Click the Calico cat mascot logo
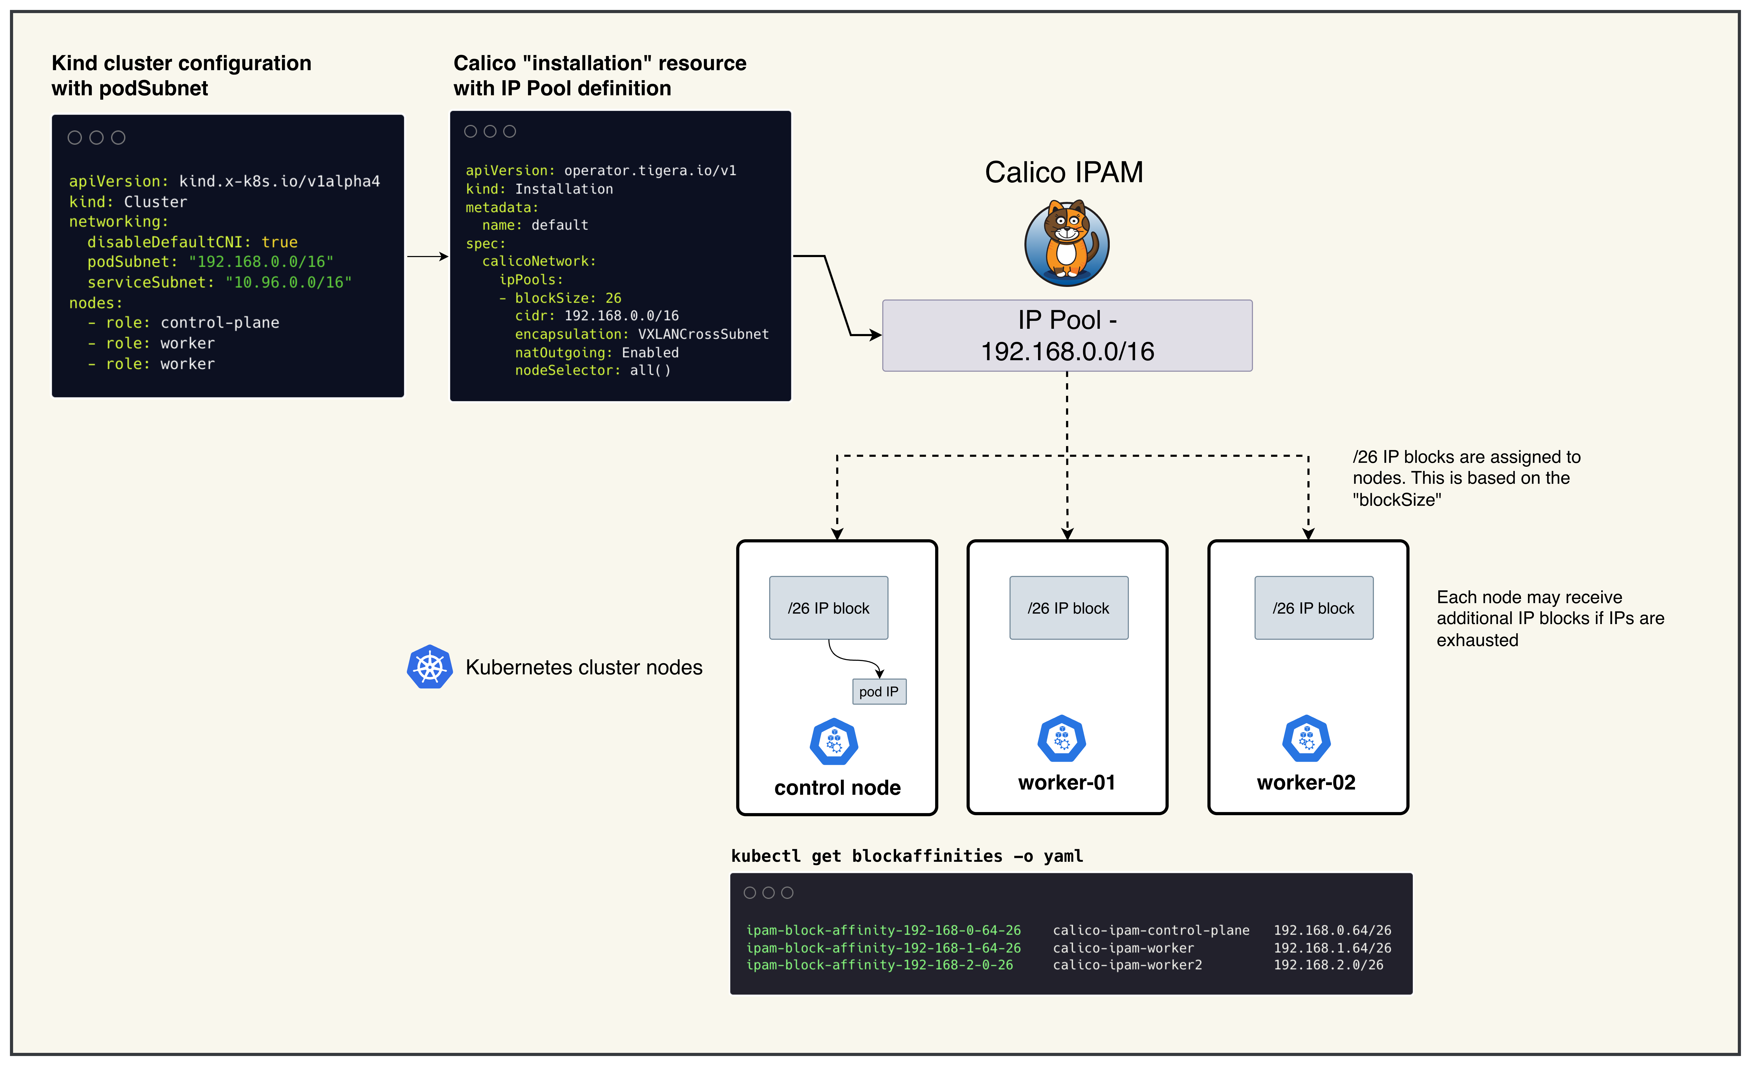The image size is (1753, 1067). pyautogui.click(x=1067, y=243)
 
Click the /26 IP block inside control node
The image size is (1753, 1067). pyautogui.click(x=828, y=608)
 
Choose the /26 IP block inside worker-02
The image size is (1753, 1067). pyautogui.click(x=1313, y=608)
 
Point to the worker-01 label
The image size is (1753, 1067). pyautogui.click(x=1067, y=782)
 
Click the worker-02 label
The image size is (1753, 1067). pyautogui.click(x=1306, y=782)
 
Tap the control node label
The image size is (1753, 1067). pyautogui.click(x=837, y=787)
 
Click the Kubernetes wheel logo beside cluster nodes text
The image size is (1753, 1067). pyautogui.click(x=430, y=667)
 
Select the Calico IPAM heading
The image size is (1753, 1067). pyautogui.click(x=1064, y=172)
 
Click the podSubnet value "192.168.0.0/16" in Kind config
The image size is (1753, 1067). pyautogui.click(x=261, y=262)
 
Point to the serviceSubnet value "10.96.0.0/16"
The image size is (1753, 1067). pyautogui.click(x=289, y=282)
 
